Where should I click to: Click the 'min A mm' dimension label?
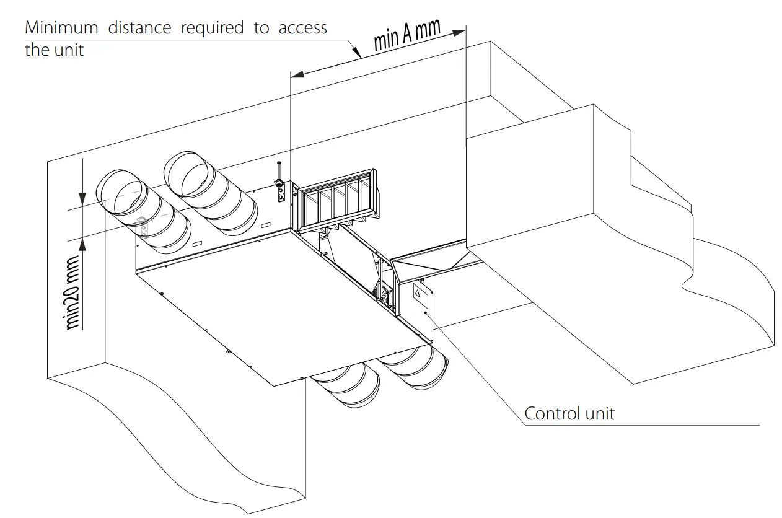tap(407, 35)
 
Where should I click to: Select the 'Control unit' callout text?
tap(569, 413)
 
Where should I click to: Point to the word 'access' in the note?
tap(303, 28)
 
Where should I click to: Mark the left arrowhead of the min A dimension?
tap(297, 74)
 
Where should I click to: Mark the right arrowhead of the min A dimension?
tap(460, 29)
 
